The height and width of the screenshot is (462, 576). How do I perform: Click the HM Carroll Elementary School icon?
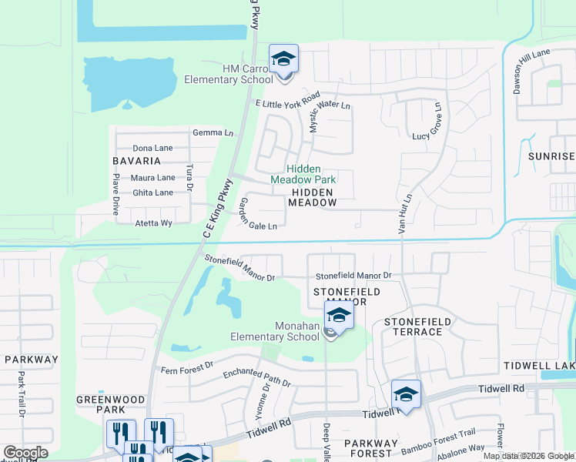coord(283,59)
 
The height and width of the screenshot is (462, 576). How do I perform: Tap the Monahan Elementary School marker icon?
coord(339,315)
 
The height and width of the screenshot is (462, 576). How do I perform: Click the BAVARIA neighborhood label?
coord(136,161)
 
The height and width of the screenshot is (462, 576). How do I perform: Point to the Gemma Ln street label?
coord(213,132)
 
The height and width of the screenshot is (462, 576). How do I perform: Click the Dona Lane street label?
coord(152,148)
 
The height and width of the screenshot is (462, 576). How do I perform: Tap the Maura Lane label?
coord(154,178)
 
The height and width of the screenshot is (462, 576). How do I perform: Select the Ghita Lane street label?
coord(152,192)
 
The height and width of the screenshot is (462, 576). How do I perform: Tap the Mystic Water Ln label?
coord(329,112)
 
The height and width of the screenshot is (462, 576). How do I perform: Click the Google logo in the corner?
coord(25,453)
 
